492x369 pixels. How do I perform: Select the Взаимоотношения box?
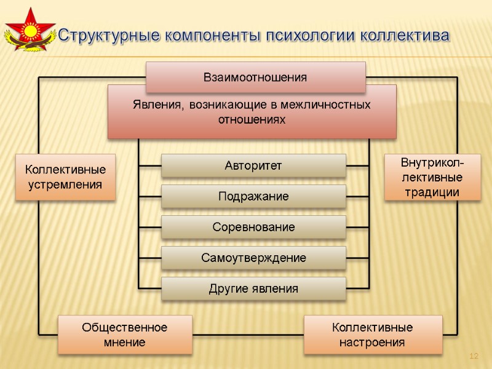(x=255, y=77)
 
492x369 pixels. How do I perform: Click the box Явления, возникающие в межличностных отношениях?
(x=252, y=111)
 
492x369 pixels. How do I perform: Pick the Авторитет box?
(x=253, y=165)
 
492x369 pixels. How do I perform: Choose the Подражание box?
(x=253, y=196)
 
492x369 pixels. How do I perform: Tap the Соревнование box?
(x=253, y=227)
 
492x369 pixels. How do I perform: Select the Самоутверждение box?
(x=253, y=258)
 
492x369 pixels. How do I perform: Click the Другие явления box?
(x=253, y=288)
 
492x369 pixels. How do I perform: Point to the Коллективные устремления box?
(x=65, y=177)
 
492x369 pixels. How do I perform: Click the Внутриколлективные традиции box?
(x=432, y=177)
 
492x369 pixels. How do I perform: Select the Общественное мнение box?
(x=125, y=335)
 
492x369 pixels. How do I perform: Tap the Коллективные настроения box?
(x=373, y=335)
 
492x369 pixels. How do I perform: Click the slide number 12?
(x=474, y=357)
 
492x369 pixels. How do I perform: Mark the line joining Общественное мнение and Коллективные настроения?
(x=248, y=335)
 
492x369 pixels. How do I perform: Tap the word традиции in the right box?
(x=432, y=192)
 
